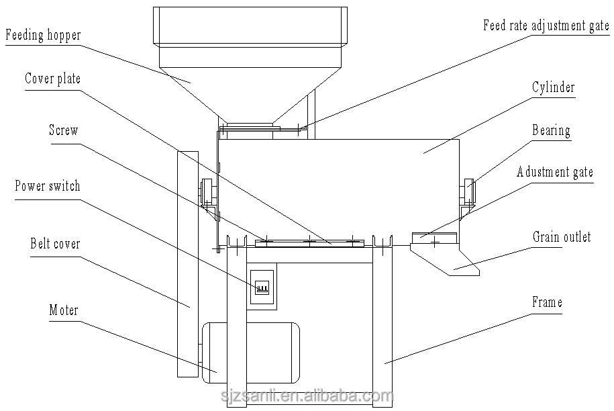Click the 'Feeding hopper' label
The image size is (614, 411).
[x=43, y=35]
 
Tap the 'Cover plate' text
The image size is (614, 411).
[x=52, y=79]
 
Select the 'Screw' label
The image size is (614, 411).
[x=64, y=130]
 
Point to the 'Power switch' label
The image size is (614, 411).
[x=48, y=186]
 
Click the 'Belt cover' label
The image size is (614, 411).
[x=55, y=244]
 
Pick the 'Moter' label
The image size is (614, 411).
[x=64, y=310]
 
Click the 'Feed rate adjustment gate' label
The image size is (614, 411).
[x=546, y=26]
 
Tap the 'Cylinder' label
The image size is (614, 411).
[x=554, y=87]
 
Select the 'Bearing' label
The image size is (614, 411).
[x=551, y=130]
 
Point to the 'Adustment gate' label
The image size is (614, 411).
[x=555, y=172]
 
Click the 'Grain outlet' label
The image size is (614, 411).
[x=562, y=236]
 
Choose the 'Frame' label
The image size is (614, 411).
[x=547, y=302]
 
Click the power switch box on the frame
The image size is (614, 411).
[x=262, y=286]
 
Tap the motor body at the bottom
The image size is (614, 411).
[x=251, y=353]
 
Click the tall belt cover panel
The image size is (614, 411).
[x=188, y=264]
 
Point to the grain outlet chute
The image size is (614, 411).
[x=445, y=260]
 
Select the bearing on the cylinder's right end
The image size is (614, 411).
[x=469, y=191]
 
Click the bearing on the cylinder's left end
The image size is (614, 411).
[x=207, y=191]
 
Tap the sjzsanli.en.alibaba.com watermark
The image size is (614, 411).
[x=307, y=396]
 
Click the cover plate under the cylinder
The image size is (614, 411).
[x=309, y=243]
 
